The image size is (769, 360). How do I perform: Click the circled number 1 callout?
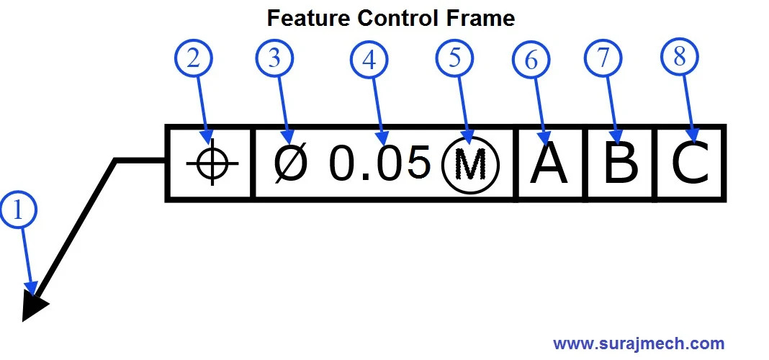(19, 211)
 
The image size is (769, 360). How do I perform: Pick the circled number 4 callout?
(369, 60)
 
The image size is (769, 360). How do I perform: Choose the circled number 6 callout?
(531, 61)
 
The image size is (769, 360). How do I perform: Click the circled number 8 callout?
(679, 58)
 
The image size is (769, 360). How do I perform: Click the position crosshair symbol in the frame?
(212, 163)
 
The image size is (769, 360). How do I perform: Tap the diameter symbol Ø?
(290, 163)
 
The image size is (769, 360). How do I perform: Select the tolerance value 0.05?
(379, 163)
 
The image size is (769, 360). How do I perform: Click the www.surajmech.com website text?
(639, 343)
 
